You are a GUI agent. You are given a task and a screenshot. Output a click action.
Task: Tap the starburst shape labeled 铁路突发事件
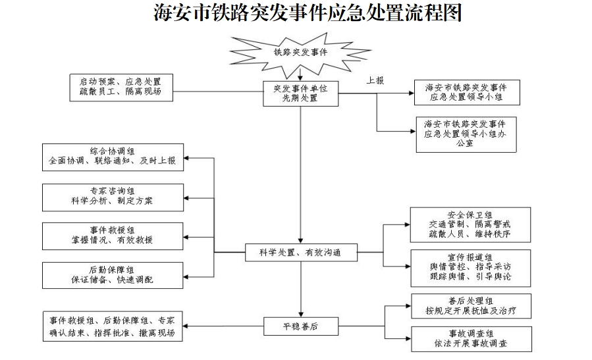click(x=300, y=51)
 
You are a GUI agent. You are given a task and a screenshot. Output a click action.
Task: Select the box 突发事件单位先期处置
click(x=300, y=93)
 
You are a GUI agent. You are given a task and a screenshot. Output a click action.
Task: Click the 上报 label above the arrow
click(x=375, y=80)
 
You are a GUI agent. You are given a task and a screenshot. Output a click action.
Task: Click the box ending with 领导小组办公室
click(x=466, y=134)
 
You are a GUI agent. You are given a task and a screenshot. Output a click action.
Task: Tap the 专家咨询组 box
click(x=111, y=195)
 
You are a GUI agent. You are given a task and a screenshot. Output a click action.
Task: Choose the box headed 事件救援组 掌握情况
click(x=111, y=235)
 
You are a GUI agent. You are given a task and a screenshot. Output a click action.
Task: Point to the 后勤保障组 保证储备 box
click(x=111, y=274)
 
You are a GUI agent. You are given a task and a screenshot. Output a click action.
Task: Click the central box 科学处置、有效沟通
click(x=301, y=252)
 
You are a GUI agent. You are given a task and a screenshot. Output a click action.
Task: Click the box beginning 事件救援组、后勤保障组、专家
click(x=111, y=326)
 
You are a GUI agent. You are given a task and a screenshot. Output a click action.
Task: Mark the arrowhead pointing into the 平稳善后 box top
click(x=300, y=314)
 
